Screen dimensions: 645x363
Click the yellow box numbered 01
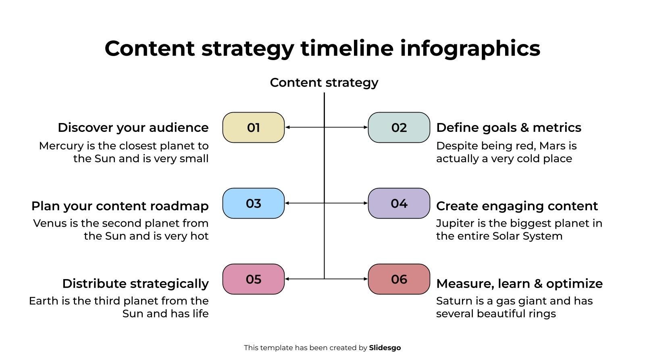click(x=254, y=127)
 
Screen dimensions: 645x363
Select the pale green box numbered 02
click(x=399, y=127)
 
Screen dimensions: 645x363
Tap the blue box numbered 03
click(x=254, y=203)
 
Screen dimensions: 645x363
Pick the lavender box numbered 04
click(x=399, y=203)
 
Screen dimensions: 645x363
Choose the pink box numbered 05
click(x=254, y=279)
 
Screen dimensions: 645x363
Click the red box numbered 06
click(x=399, y=279)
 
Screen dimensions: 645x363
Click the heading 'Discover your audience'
click(x=133, y=128)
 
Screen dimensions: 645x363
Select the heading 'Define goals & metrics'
click(x=508, y=128)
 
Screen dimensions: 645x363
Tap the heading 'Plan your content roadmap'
click(x=120, y=206)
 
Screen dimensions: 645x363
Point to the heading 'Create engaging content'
click(x=517, y=206)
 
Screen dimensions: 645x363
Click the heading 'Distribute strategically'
click(x=135, y=284)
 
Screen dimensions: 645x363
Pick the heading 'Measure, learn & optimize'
click(x=520, y=284)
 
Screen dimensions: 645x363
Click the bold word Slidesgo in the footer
click(x=385, y=348)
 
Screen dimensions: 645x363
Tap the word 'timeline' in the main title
click(x=347, y=48)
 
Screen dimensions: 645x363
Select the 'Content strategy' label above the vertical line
click(x=324, y=83)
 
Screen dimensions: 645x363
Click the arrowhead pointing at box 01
click(x=287, y=127)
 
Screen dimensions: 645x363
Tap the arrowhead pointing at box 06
click(x=366, y=279)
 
